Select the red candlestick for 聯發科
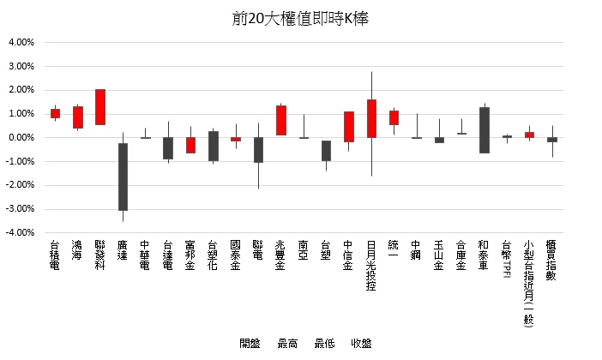pos(100,107)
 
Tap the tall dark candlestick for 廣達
pos(123,177)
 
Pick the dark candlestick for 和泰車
pos(484,129)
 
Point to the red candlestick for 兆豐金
pos(280,120)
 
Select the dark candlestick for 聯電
pos(258,149)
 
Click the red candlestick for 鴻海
pos(78,117)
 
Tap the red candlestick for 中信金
pos(349,127)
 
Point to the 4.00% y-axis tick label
pos(21,42)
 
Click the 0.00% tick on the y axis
pos(21,137)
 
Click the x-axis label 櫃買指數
pos(551,263)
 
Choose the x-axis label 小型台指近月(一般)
pos(529,284)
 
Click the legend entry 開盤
pos(250,344)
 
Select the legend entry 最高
pos(287,344)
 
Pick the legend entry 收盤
pos(361,344)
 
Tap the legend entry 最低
pos(324,344)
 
